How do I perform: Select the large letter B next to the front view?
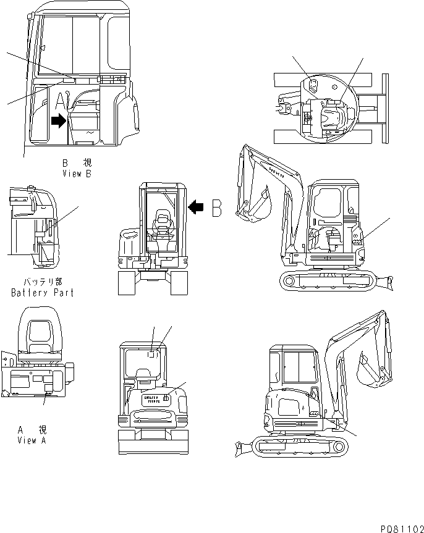click(x=216, y=209)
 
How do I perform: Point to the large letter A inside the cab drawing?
click(x=60, y=101)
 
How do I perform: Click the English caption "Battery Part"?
click(x=42, y=293)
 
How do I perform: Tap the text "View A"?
click(x=32, y=440)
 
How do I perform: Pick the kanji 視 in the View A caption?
click(x=41, y=430)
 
